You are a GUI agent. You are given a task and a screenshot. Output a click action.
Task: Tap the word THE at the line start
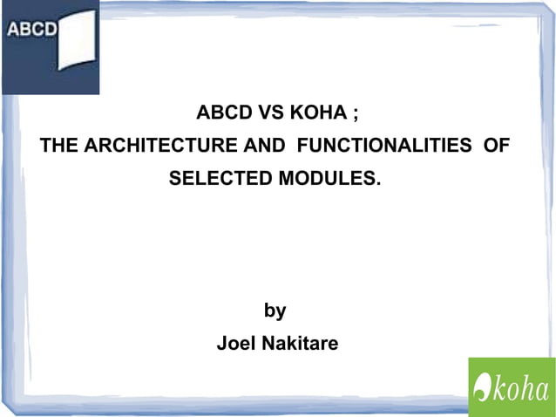pos(58,146)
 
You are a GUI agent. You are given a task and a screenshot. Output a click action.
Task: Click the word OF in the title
pos(496,146)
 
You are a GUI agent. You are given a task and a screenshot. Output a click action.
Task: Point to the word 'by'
pos(275,311)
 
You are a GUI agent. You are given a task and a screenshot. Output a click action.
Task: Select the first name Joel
pos(233,344)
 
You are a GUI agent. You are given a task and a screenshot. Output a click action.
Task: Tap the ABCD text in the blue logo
pos(32,28)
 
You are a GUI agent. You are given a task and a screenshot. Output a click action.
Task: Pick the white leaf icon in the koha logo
pos(482,386)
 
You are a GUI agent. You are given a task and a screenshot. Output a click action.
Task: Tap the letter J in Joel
pos(221,344)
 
